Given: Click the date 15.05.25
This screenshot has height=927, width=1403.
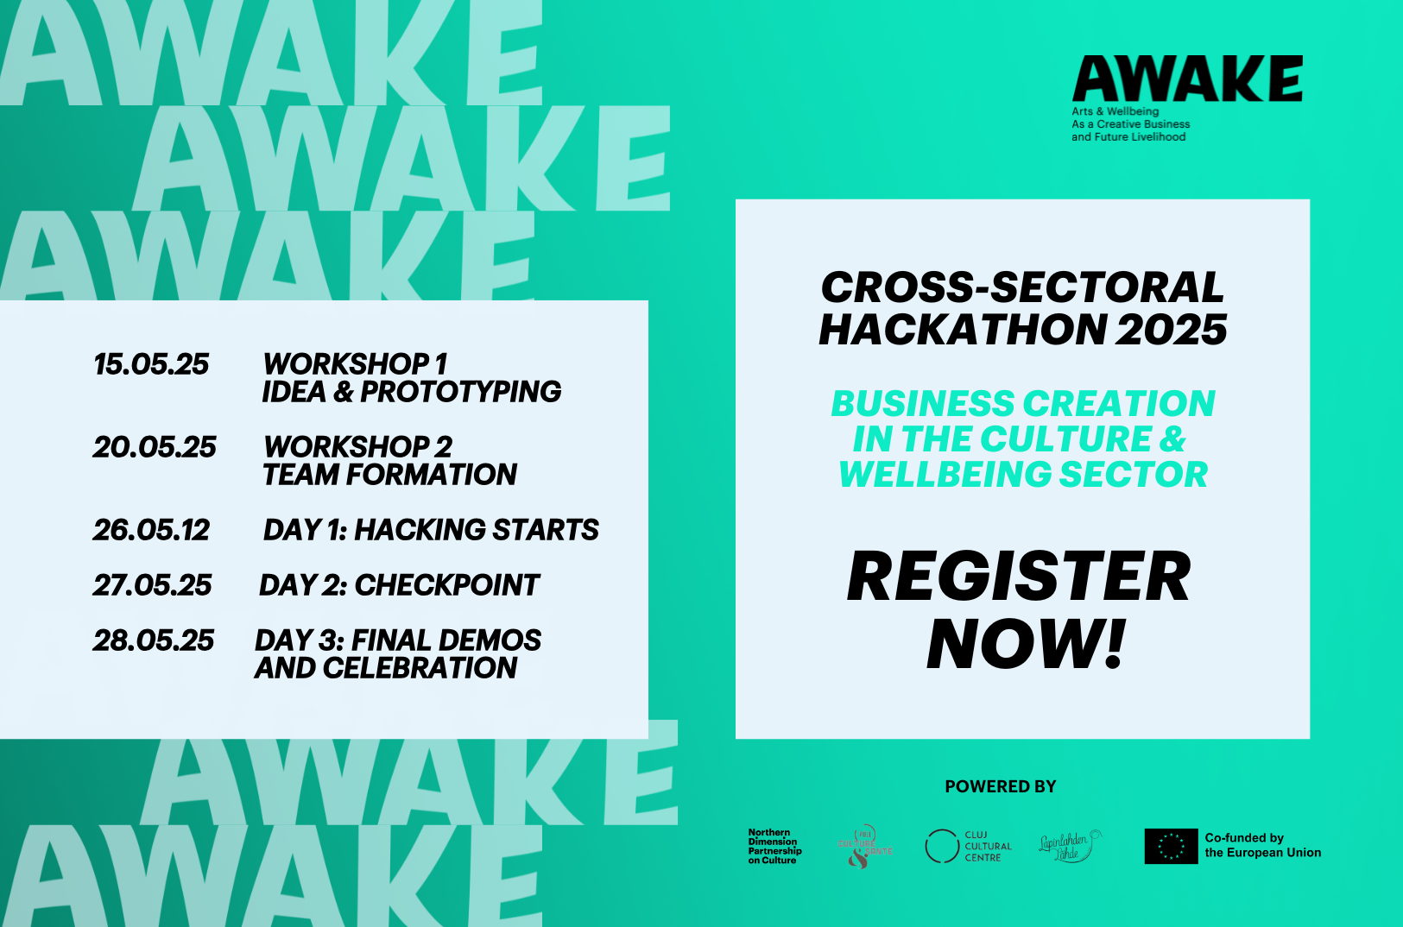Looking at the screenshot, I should pos(151,364).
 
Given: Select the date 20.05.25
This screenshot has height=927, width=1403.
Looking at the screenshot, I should pos(155,447).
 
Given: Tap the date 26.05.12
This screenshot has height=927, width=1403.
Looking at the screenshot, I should pos(151,530).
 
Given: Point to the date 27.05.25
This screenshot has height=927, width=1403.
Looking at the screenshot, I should pos(152,585).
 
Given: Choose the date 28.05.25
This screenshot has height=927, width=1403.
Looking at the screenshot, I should pos(154,640).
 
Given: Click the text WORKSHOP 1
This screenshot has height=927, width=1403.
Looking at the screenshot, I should pos(355,364).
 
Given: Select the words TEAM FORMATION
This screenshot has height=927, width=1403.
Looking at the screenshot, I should pos(390,475).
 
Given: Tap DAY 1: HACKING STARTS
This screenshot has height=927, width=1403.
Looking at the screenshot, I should pos(431,530).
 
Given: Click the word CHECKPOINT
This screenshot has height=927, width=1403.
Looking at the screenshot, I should pos(447,585).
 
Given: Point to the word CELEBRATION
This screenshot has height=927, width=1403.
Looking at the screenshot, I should pos(420,668).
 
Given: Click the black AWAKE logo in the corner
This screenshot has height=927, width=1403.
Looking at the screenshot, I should pos(1187,80).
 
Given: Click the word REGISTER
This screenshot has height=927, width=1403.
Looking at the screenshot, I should pos(1019,577).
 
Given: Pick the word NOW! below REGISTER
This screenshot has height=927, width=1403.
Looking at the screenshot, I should pos(1027,644).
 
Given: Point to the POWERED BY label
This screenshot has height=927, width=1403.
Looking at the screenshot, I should pos(1000,786).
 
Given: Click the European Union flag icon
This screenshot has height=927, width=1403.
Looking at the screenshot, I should pos(1171,846).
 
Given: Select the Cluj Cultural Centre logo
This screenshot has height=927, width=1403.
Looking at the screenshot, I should pos(968,846).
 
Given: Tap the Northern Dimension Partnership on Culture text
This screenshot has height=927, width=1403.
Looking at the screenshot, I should pos(774,846).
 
